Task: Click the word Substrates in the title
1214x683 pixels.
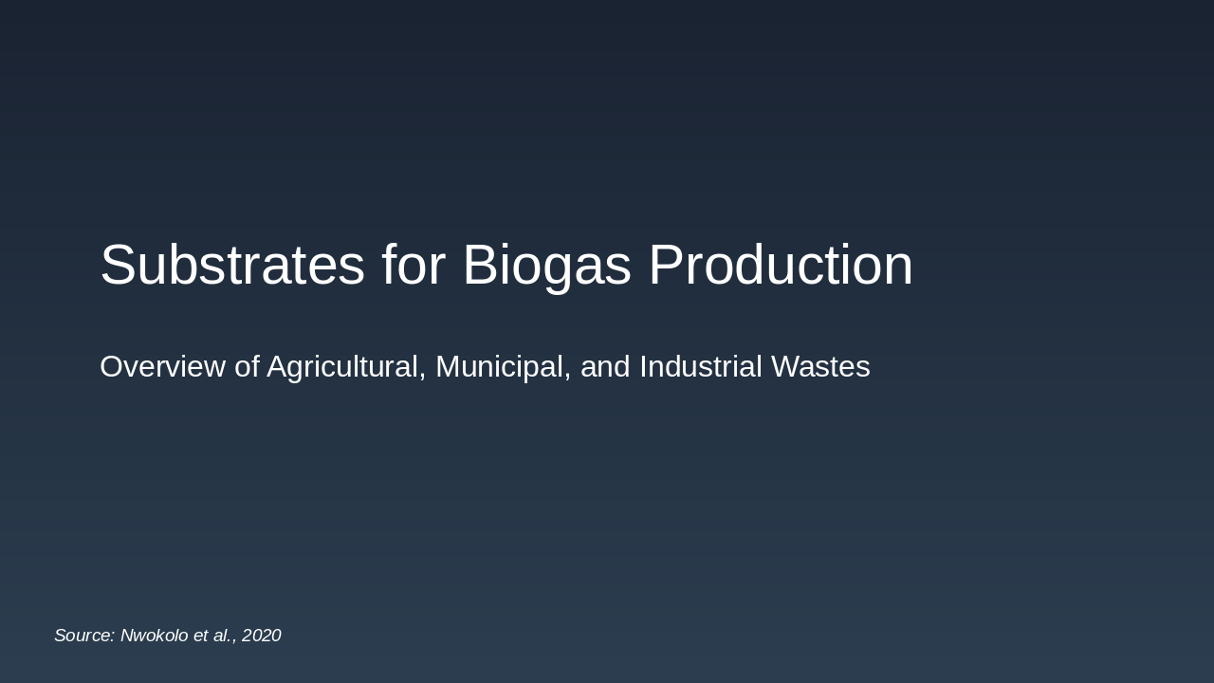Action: (x=232, y=265)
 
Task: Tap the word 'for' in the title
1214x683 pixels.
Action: (x=414, y=265)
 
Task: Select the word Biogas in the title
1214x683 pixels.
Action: (x=546, y=265)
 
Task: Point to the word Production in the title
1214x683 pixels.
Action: (x=781, y=265)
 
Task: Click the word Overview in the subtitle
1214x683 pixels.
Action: (x=162, y=366)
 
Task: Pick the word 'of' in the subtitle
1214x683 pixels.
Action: (x=247, y=366)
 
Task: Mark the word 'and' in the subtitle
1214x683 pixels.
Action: (x=605, y=366)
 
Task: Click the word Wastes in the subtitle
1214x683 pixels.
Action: (x=820, y=366)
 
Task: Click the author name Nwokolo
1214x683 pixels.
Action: (x=154, y=636)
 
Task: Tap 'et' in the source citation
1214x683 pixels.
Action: (x=200, y=636)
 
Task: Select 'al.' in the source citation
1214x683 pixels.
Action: (x=224, y=636)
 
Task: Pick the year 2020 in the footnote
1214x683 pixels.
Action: (x=262, y=636)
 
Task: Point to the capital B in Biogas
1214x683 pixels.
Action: (x=480, y=265)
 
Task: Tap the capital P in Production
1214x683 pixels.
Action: (x=667, y=265)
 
